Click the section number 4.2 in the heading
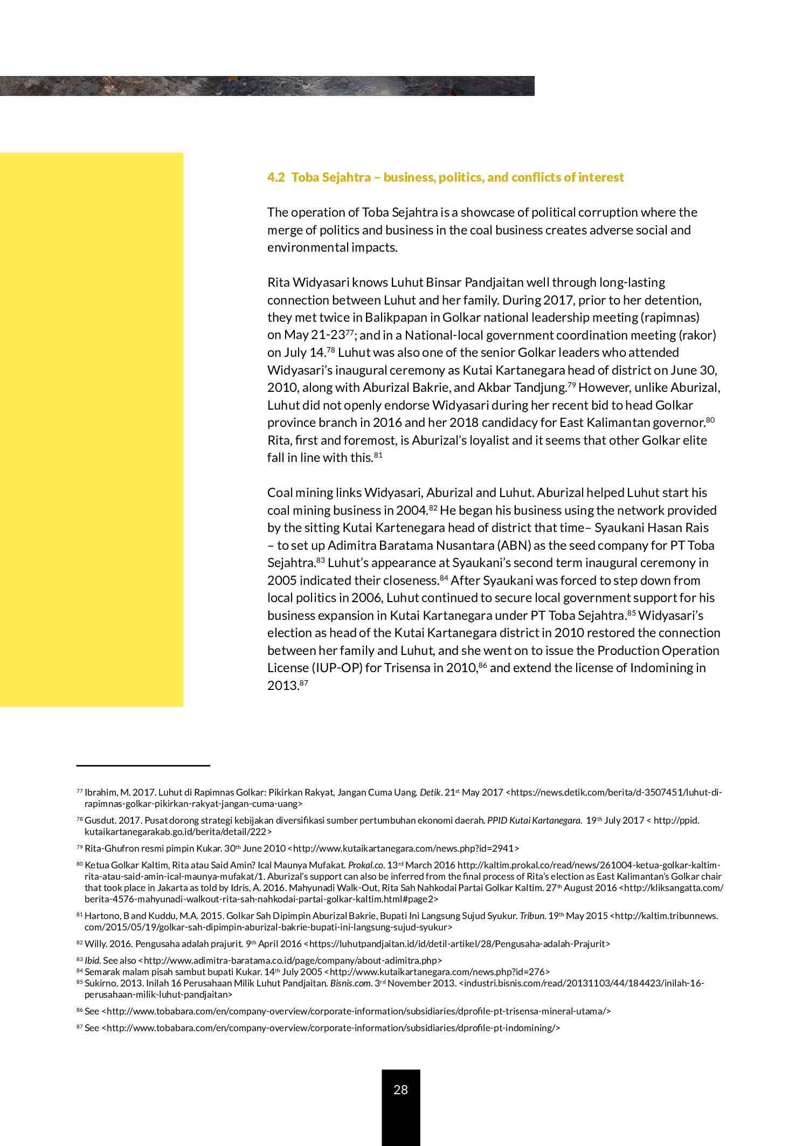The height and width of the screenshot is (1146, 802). pos(276,177)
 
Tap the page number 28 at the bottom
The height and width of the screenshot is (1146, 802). pos(400,1089)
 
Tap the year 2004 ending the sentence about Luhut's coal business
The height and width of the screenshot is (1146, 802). pos(411,510)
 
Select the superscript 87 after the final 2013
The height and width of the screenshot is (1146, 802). pos(303,683)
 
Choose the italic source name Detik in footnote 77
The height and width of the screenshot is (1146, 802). pos(430,792)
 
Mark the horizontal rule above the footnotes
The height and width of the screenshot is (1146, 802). pos(143,765)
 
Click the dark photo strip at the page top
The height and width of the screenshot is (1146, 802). pos(267,86)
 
